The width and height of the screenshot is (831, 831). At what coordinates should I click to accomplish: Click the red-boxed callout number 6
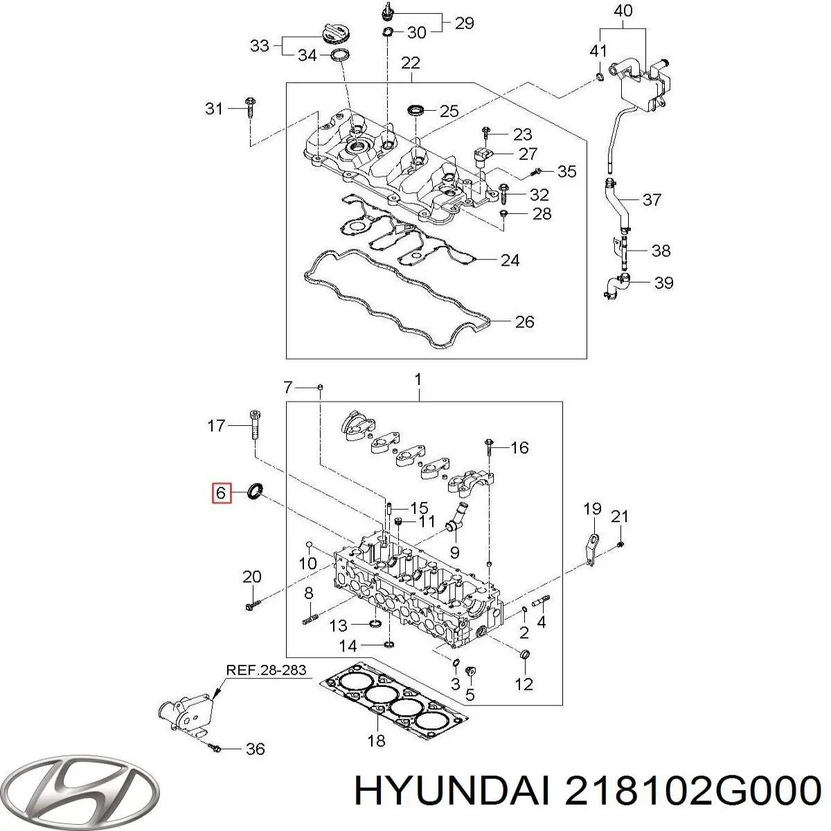(x=221, y=493)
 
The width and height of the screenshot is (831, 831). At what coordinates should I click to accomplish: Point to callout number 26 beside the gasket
(x=524, y=321)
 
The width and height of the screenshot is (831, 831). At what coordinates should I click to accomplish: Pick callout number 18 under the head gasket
(x=375, y=741)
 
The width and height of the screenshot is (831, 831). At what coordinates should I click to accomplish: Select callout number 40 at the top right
(x=623, y=12)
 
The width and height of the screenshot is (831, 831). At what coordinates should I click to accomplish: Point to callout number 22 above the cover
(x=411, y=63)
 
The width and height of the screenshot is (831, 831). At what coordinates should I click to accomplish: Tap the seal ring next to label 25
(x=417, y=109)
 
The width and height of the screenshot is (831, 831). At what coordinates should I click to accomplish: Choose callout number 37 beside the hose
(x=651, y=200)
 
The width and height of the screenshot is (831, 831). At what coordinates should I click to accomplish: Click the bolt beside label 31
(x=250, y=110)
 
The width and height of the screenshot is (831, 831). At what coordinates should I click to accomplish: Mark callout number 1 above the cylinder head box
(x=418, y=379)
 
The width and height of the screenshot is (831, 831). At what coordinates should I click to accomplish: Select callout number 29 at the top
(x=464, y=22)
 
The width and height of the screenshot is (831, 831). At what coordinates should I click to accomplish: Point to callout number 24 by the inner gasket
(x=510, y=260)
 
